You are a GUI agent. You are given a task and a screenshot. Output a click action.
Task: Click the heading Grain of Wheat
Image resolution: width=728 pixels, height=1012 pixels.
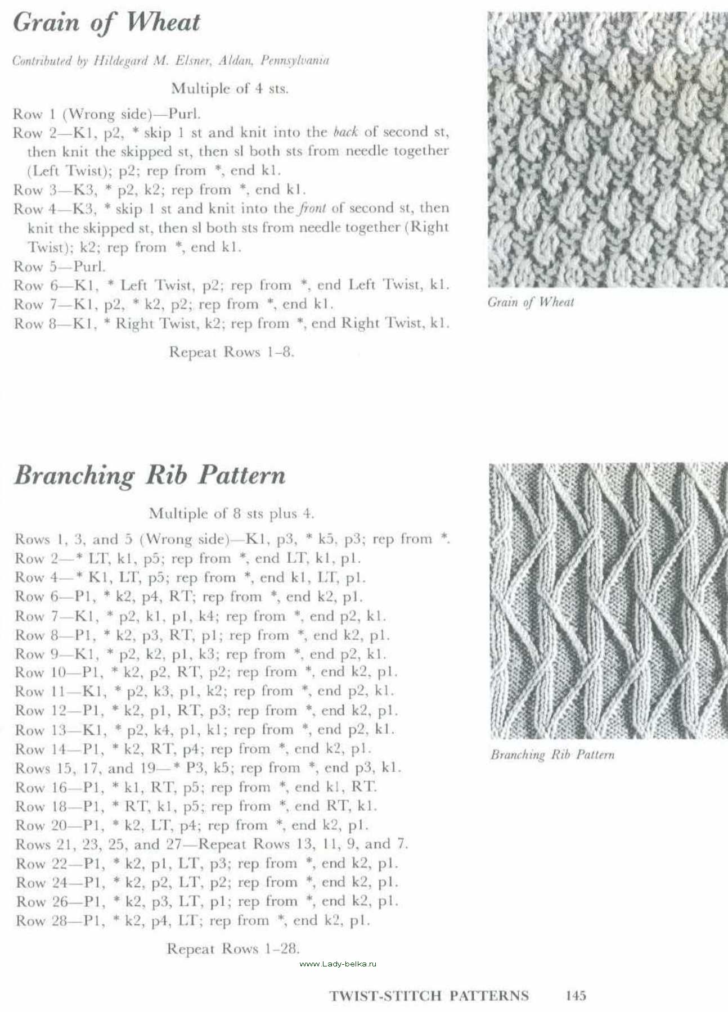[106, 23]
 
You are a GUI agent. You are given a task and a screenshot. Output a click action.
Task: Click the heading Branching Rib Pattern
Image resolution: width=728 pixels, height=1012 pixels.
[150, 476]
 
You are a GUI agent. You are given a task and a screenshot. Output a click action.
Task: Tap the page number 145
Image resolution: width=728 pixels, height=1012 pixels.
[576, 995]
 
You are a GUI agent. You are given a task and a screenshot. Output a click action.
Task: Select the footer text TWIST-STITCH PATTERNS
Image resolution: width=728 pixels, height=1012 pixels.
[429, 996]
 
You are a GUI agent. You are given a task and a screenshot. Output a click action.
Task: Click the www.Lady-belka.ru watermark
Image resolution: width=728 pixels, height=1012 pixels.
[338, 963]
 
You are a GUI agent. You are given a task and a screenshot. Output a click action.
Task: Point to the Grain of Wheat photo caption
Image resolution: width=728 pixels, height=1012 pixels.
[531, 302]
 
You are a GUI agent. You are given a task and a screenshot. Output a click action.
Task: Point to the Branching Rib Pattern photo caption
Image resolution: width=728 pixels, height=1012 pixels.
[552, 755]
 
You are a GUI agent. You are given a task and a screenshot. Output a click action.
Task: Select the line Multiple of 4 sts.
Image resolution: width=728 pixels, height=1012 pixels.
[230, 88]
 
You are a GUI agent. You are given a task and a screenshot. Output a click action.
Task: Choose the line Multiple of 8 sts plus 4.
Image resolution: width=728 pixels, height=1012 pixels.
[231, 513]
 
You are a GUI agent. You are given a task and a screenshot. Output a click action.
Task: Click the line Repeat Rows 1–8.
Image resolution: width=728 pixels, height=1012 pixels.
[231, 353]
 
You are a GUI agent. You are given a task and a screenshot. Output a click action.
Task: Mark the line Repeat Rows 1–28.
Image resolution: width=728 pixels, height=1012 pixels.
[233, 948]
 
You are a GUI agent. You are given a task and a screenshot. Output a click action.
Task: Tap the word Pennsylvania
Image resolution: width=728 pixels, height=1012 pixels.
[294, 61]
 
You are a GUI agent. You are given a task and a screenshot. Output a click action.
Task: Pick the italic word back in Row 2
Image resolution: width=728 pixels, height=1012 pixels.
[345, 133]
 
